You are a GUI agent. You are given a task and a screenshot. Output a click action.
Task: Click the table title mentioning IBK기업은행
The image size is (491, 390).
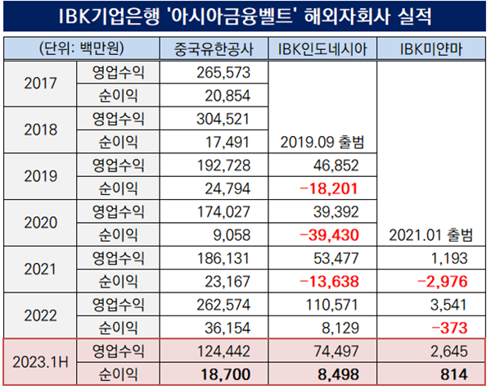coord(245,16)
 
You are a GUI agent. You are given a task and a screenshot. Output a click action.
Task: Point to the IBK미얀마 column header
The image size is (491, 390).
coord(430,49)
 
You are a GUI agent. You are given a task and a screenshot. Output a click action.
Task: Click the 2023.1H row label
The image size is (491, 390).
coord(42,361)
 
